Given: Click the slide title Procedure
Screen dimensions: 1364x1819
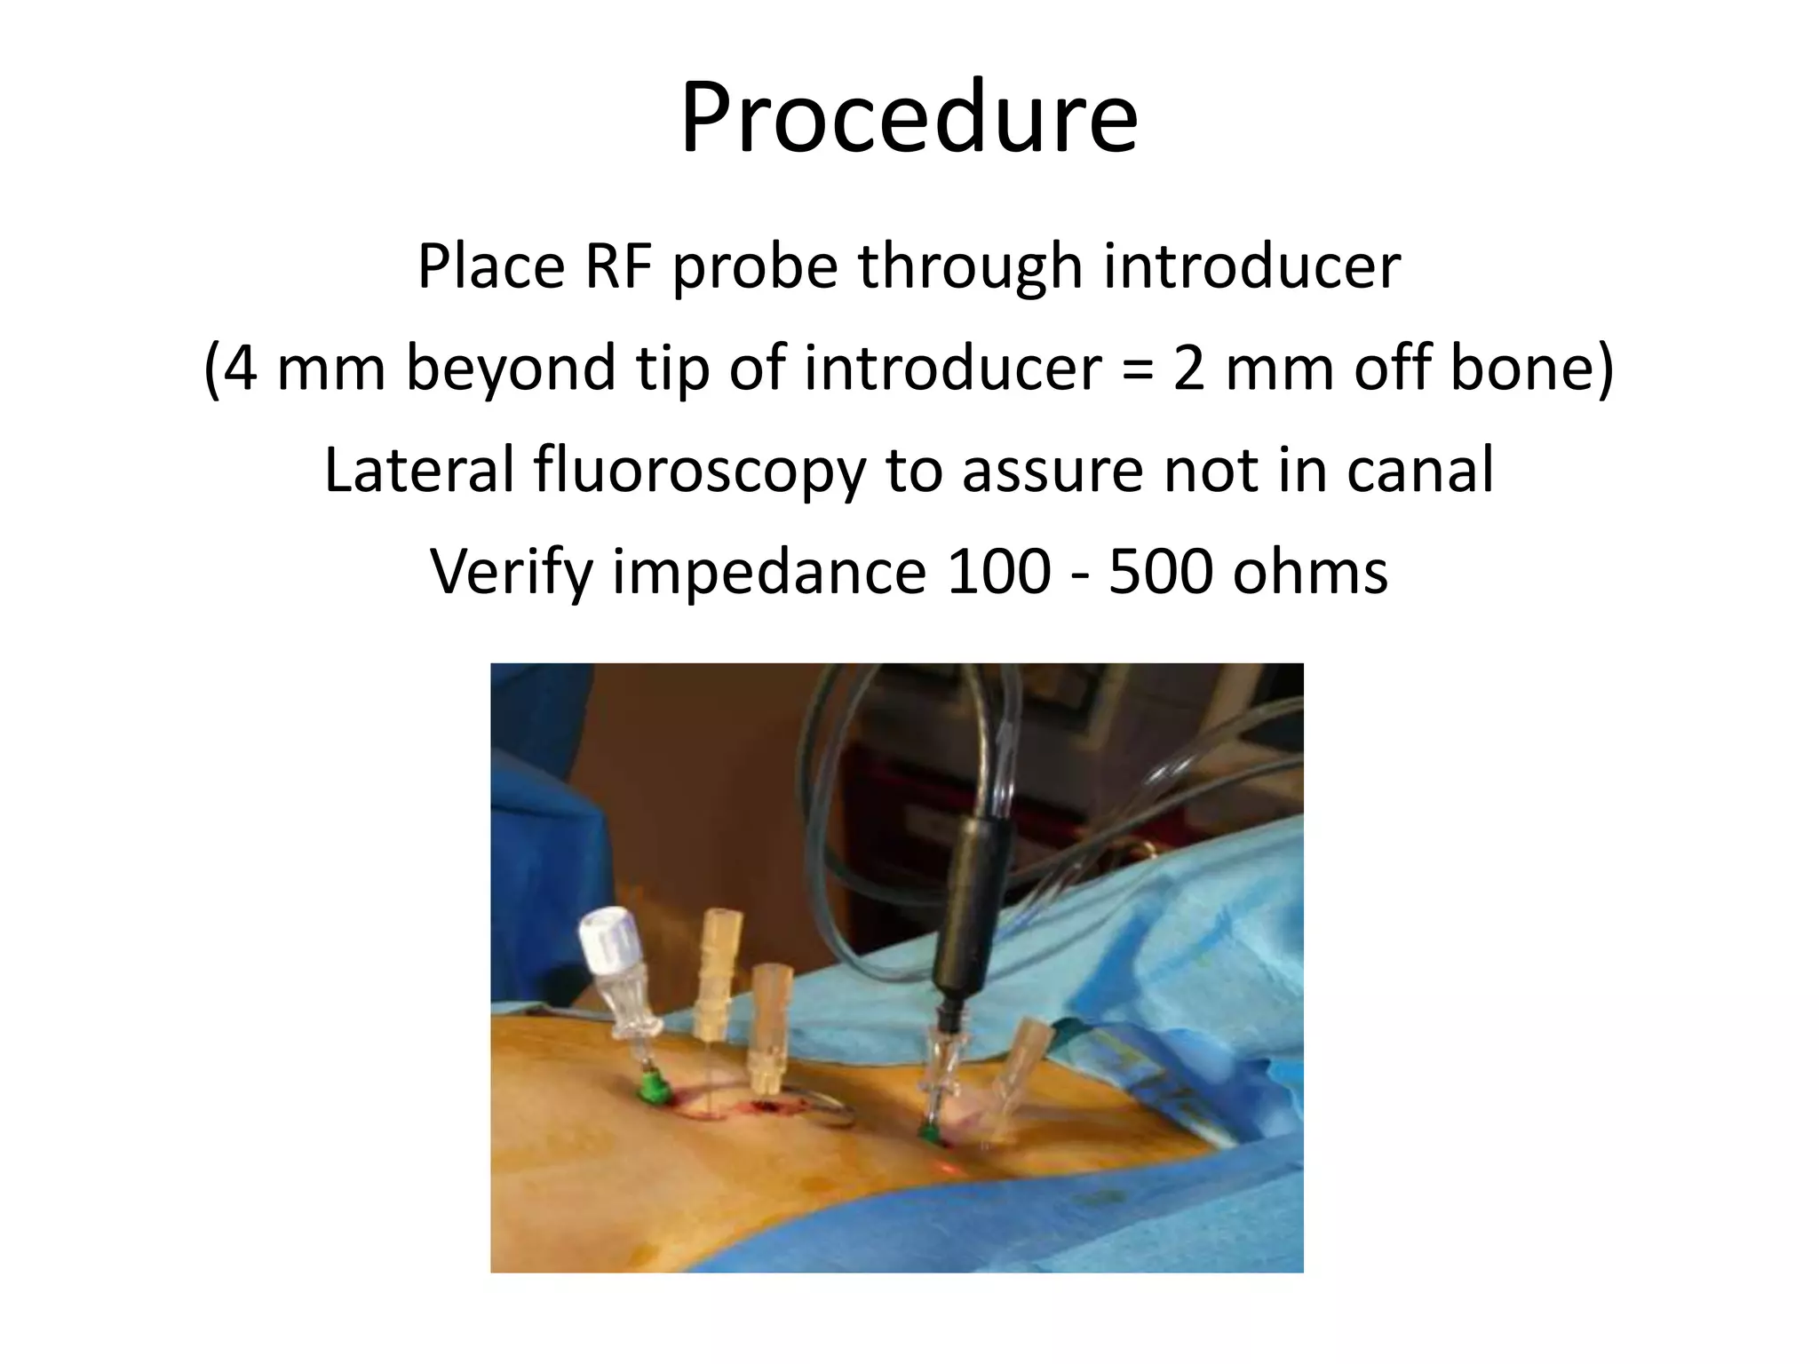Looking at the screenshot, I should pyautogui.click(x=909, y=118).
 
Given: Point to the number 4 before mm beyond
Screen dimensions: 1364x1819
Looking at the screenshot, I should pyautogui.click(x=239, y=368).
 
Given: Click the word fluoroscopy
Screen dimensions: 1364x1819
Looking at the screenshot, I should pyautogui.click(x=699, y=471).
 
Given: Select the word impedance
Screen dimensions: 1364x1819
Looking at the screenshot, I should pyautogui.click(x=769, y=571).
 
